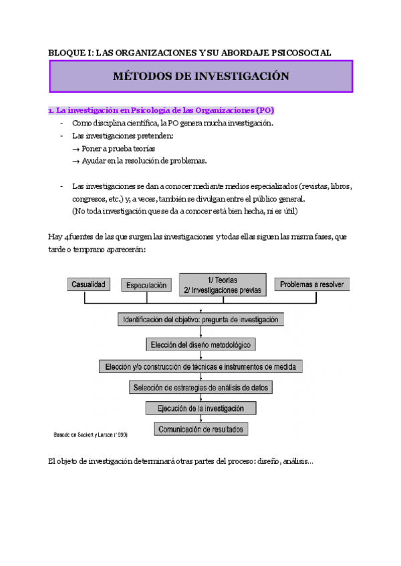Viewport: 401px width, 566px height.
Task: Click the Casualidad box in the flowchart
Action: coord(88,284)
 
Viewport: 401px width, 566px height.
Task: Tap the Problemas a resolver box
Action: coord(312,284)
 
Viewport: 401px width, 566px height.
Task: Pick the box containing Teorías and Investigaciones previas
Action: coord(223,284)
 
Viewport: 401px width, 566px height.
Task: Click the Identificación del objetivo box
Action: coord(200,320)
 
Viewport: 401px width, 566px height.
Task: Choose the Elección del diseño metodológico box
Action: coord(200,344)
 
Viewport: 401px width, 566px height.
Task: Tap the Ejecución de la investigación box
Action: coord(200,408)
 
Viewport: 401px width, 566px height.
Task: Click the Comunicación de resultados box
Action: coord(200,429)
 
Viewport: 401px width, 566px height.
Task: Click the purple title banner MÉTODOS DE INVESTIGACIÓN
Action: coord(200,76)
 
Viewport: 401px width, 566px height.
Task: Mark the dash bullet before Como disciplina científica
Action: coord(61,123)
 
